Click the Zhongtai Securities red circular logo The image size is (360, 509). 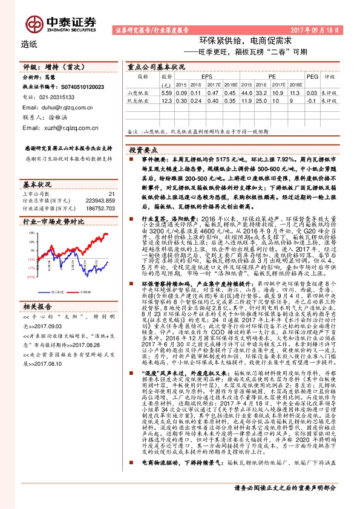35,22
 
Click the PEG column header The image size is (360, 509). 312,77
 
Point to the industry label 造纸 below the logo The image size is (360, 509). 29,44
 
